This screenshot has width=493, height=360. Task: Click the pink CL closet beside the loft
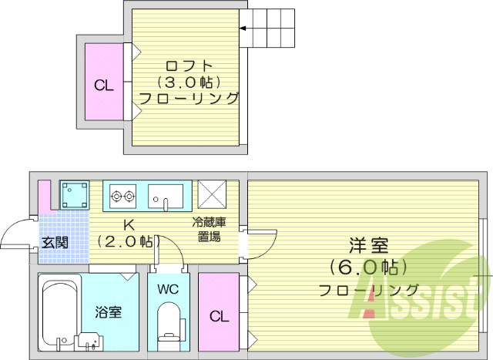[104, 84]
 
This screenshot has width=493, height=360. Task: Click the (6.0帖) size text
[368, 268]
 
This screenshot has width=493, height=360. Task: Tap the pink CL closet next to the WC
[218, 315]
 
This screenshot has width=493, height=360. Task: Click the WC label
[168, 291]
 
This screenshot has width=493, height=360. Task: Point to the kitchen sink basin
[166, 195]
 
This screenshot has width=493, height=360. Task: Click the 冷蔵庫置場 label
[208, 230]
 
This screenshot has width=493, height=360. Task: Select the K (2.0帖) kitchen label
[129, 234]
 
